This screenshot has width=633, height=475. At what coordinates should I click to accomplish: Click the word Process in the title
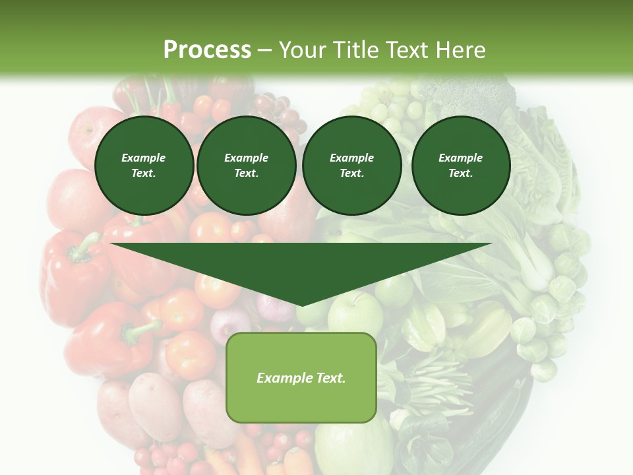pyautogui.click(x=207, y=50)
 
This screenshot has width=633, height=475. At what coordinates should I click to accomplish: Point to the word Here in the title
pyautogui.click(x=462, y=50)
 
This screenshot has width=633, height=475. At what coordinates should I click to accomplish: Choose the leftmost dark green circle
pyautogui.click(x=144, y=166)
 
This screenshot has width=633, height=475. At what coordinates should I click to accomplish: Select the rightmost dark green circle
pyautogui.click(x=461, y=166)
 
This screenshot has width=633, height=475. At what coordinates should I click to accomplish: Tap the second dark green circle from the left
pyautogui.click(x=247, y=166)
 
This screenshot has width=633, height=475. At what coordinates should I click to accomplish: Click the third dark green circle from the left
pyautogui.click(x=352, y=166)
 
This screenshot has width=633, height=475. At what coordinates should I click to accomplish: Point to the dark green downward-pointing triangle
pyautogui.click(x=301, y=267)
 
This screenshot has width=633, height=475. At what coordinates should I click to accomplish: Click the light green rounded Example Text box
pyautogui.click(x=301, y=377)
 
